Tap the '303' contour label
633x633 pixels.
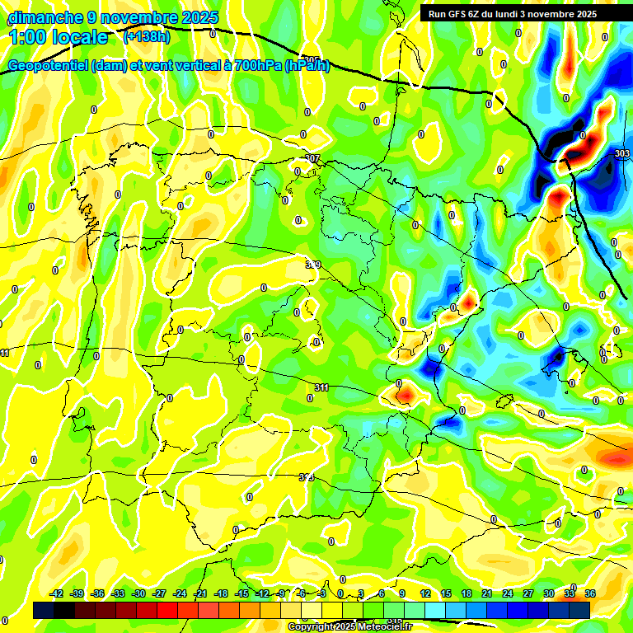pyautogui.click(x=621, y=153)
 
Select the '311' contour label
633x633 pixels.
pyautogui.click(x=321, y=387)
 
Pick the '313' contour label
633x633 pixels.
pyautogui.click(x=306, y=477)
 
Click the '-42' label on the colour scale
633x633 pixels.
pyautogui.click(x=57, y=593)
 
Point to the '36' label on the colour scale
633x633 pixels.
pyautogui.click(x=589, y=593)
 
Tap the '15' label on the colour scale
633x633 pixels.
pyautogui.click(x=446, y=593)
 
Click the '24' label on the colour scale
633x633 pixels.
pyautogui.click(x=508, y=593)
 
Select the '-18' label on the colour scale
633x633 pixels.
pyautogui.click(x=221, y=593)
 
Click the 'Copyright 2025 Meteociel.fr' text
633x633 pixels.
pyautogui.click(x=349, y=627)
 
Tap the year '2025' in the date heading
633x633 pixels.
pyautogui.click(x=199, y=17)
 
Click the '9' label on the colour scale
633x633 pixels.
pyautogui.click(x=402, y=593)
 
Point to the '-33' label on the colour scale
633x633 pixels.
pyautogui.click(x=118, y=593)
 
